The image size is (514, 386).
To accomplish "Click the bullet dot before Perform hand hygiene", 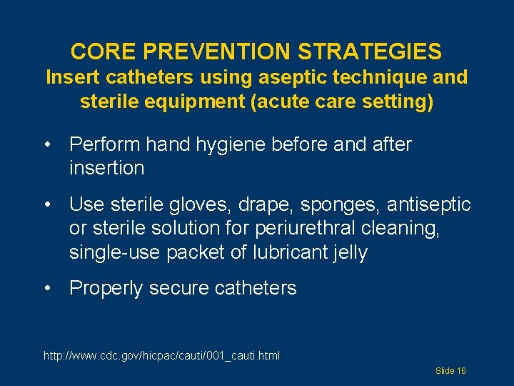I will (x=48, y=145).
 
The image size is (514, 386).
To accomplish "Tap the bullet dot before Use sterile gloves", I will (x=48, y=206).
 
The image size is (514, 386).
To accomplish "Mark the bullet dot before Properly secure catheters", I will (x=48, y=289).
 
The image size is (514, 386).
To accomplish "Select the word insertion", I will (x=106, y=169).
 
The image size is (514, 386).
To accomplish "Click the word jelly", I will (x=346, y=253).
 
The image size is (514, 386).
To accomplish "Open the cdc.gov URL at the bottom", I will (x=162, y=355).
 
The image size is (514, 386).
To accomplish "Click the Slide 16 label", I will (x=450, y=371).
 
